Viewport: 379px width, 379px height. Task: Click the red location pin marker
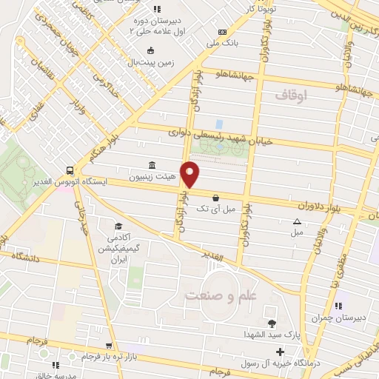tap(190, 174)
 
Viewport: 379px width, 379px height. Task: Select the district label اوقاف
tap(291, 95)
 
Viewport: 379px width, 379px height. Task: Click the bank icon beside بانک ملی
tap(222, 32)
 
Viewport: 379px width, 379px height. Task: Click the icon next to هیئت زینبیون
tap(152, 164)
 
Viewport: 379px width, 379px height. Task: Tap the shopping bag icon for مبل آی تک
tap(215, 198)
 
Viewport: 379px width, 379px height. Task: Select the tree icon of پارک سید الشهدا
tap(272, 323)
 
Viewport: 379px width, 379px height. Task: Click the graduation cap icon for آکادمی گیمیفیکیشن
tap(116, 226)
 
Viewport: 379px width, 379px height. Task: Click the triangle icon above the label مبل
tap(297, 221)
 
